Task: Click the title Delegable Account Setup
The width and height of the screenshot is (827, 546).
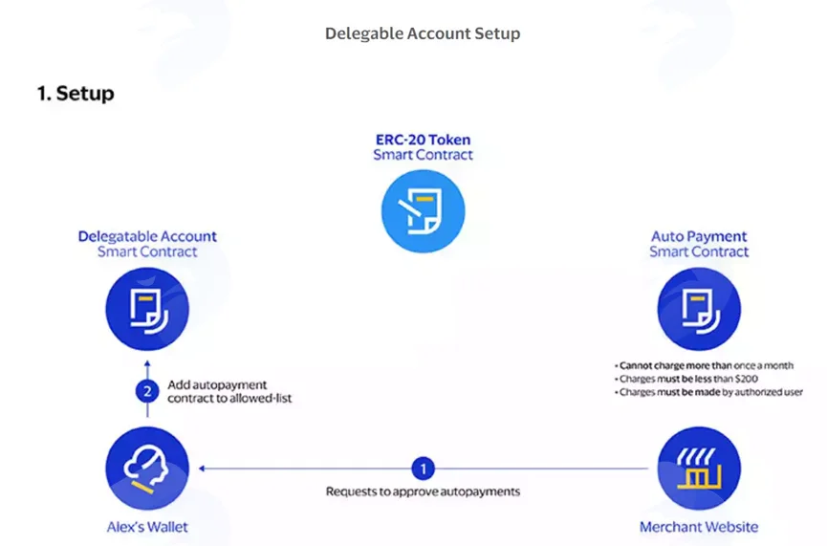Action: click(423, 33)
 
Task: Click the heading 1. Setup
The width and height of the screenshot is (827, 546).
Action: click(76, 94)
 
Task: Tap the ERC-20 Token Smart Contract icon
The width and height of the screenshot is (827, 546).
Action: click(423, 211)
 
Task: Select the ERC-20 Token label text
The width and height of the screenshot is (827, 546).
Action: click(423, 140)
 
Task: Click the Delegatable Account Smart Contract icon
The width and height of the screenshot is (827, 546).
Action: click(147, 309)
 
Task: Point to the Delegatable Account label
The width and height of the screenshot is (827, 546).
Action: click(147, 236)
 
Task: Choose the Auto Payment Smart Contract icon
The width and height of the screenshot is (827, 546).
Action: click(699, 309)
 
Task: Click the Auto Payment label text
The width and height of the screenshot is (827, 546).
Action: click(699, 236)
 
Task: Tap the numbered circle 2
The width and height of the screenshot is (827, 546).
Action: click(147, 391)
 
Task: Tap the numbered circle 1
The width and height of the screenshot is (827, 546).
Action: click(423, 469)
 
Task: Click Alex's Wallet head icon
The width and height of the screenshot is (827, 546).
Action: click(147, 469)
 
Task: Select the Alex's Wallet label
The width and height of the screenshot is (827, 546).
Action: click(147, 527)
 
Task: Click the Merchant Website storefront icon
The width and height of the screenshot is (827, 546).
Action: click(699, 469)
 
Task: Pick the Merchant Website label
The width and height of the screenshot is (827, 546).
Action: click(699, 527)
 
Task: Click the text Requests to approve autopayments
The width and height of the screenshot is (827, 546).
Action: click(423, 491)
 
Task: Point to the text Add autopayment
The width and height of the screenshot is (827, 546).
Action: click(217, 385)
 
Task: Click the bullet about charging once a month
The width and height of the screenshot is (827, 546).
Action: click(704, 365)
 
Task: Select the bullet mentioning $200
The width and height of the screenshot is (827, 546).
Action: click(686, 379)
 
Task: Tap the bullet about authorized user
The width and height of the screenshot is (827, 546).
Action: click(708, 392)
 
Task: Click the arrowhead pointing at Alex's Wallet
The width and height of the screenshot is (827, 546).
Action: click(202, 469)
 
